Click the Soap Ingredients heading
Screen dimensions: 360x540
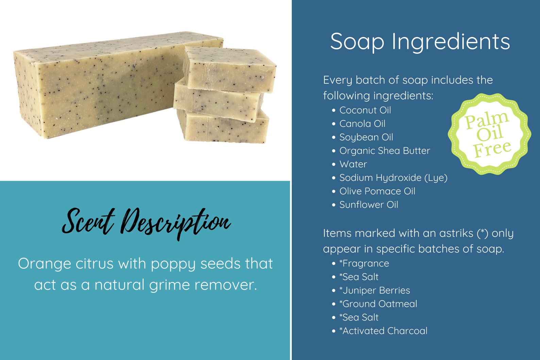point(420,42)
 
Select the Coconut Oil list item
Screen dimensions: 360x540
point(365,110)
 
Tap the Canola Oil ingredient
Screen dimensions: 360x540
point(362,124)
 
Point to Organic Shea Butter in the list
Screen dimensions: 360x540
point(385,151)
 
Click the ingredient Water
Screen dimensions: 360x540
point(353,164)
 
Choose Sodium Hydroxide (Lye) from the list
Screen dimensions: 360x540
point(393,178)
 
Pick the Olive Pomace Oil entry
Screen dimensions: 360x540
point(377,191)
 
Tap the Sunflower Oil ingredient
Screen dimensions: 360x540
point(369,205)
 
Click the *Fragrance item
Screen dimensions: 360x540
point(364,263)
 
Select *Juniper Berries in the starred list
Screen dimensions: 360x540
point(374,290)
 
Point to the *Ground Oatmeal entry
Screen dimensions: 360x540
point(378,304)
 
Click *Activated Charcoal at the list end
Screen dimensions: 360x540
point(383,331)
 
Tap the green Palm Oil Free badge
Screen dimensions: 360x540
point(489,134)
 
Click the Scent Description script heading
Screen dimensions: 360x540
point(146,222)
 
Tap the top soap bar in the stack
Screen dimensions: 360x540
point(230,70)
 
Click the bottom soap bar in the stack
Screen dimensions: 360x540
point(223,127)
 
